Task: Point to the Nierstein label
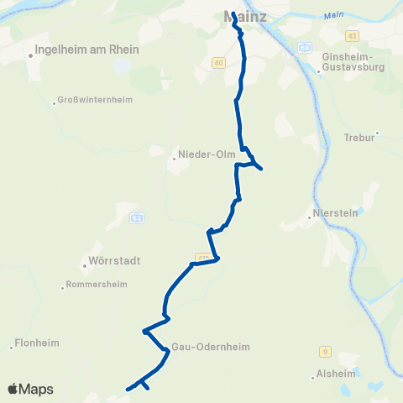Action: point(334,214)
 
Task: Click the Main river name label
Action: point(334,14)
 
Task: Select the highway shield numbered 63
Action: point(136,217)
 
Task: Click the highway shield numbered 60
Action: point(304,47)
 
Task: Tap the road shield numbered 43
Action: point(352,34)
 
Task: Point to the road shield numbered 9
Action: point(324,352)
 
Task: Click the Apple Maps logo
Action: point(30,389)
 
